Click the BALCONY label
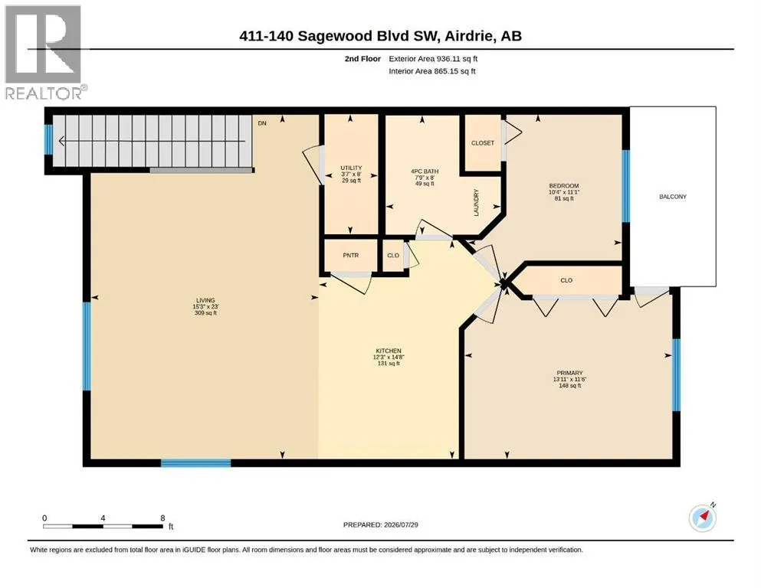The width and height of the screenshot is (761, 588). coord(673,196)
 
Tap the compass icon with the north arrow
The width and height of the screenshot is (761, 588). coord(702,518)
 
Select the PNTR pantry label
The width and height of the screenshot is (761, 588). coord(350,255)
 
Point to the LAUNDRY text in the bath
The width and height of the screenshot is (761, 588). coord(476,203)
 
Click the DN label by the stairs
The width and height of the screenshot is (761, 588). coord(262,123)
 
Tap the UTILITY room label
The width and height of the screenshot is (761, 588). coord(351,168)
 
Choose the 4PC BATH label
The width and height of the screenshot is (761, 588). coord(425,171)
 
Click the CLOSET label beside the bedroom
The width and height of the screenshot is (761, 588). coord(482,143)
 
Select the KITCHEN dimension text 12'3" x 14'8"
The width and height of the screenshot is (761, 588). coord(389,358)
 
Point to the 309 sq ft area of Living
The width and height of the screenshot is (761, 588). coord(205,313)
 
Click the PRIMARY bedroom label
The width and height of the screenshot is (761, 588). coord(569,373)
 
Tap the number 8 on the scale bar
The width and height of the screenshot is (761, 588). coord(162,518)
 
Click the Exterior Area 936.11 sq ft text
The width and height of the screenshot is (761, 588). coord(433,59)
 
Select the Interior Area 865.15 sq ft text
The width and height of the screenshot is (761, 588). coord(432,70)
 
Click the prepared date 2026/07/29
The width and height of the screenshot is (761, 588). coord(401,524)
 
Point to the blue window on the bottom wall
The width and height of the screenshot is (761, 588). coord(195,463)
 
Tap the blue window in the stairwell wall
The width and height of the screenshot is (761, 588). coord(48,139)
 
